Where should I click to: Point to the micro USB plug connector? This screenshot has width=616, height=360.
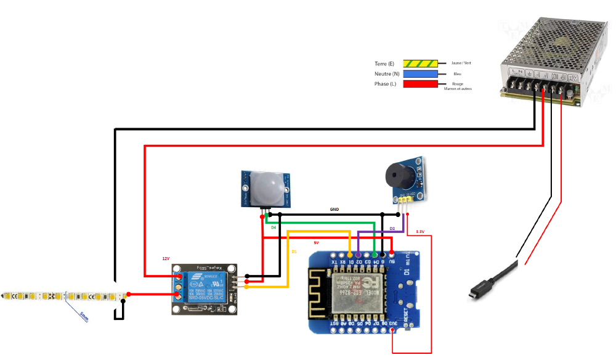(x=480, y=290)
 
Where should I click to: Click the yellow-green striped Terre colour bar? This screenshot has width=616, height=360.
(x=421, y=63)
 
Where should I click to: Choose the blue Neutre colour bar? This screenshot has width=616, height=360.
(x=421, y=73)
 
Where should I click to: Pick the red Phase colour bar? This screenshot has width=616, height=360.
(x=421, y=84)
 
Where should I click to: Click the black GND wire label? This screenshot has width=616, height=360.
(x=334, y=210)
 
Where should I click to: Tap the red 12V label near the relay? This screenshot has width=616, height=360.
(x=166, y=259)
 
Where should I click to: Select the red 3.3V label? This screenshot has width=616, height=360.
(x=420, y=232)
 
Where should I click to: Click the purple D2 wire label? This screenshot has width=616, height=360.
(x=392, y=228)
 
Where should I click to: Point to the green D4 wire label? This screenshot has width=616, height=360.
(x=274, y=227)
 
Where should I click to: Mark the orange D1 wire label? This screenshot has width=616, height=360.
(x=294, y=252)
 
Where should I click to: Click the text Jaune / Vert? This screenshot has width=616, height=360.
(x=461, y=63)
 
